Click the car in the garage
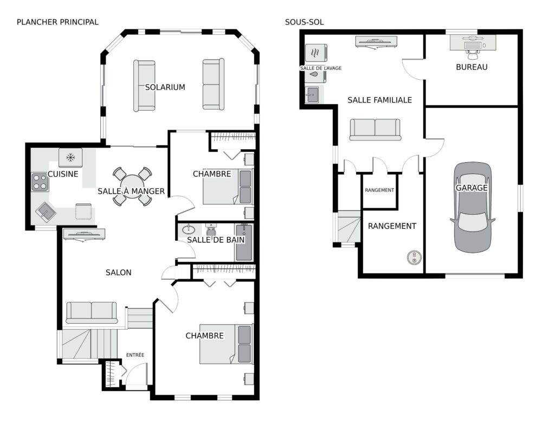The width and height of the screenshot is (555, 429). pos(473,208)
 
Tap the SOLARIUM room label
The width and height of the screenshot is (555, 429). pos(165,87)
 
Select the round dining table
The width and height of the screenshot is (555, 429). pos(132,187)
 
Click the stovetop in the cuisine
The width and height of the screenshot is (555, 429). pos(40,182)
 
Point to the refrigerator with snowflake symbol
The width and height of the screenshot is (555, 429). pos(70,157)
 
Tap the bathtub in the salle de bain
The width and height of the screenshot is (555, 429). pos(244,242)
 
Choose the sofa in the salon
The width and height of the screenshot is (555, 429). pos(92,312)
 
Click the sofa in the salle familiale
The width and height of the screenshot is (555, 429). pos(375,129)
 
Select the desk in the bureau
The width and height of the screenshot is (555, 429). pos(473,42)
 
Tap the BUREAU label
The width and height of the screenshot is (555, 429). pos(472,67)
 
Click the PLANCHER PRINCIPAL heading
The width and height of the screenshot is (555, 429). pos(57,22)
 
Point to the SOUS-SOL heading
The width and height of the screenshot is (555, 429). pos(305,22)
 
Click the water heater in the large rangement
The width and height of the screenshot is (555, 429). pos(414,258)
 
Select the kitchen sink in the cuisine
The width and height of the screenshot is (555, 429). pos(46,212)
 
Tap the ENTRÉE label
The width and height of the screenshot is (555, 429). pos(135,355)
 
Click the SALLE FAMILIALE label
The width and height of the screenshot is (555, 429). pos(379,100)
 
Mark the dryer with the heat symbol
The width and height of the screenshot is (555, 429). pos(316,53)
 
